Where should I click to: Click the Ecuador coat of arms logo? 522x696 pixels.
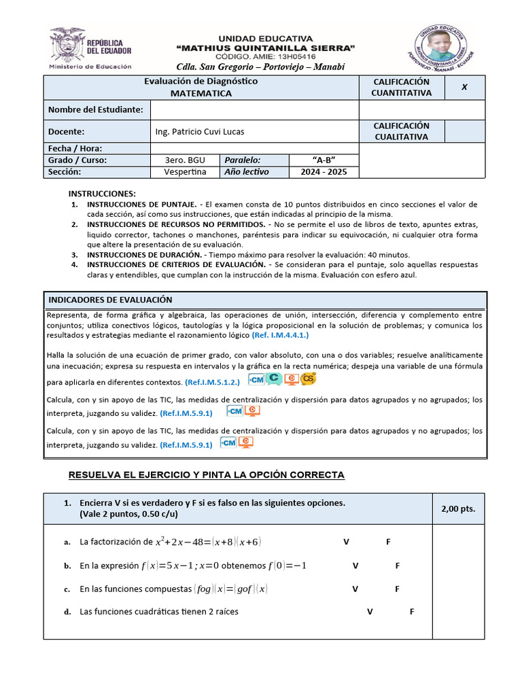coord(66,45)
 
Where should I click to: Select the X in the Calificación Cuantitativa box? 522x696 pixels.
coord(464,87)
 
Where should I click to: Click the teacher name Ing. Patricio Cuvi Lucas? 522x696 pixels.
coord(200,131)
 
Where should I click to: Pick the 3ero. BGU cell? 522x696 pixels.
coord(185,160)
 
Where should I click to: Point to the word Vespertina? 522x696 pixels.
coord(185,172)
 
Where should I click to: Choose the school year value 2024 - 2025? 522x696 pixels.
coord(324,172)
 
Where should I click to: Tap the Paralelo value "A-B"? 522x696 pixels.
coord(324,160)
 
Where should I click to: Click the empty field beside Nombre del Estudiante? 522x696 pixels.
coord(254,109)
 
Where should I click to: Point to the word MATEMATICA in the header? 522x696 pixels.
coord(201,93)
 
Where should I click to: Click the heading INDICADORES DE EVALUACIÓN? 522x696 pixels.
coord(110,300)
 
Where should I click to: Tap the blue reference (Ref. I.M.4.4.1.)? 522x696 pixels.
coord(280,336)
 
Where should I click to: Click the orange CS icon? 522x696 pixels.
coord(309,379)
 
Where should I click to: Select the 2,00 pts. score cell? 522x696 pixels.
coord(459,508)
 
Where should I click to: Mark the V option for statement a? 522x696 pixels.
coord(346,542)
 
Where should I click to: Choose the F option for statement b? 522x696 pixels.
coord(398,565)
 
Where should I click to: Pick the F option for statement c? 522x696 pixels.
coord(398,589)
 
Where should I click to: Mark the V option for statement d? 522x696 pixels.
coord(370,612)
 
